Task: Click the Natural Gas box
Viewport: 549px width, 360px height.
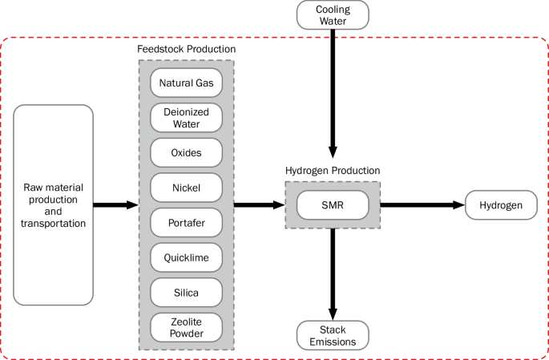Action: click(x=186, y=82)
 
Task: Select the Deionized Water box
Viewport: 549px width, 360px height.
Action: click(x=186, y=118)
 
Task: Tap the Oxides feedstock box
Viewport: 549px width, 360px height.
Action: click(x=186, y=152)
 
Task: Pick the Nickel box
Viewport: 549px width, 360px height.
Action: click(x=186, y=188)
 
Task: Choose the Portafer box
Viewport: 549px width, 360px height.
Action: click(x=186, y=223)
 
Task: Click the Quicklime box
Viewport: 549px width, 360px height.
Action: click(x=186, y=257)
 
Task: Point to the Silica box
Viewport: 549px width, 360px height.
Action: click(x=186, y=293)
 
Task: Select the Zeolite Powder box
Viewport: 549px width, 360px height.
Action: click(x=186, y=328)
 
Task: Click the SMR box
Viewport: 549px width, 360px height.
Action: click(x=333, y=205)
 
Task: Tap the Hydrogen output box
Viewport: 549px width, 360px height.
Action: click(x=501, y=205)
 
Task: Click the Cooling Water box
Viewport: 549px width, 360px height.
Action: click(x=333, y=14)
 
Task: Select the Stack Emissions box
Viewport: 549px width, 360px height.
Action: click(x=333, y=335)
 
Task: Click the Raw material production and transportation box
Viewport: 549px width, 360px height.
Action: click(x=54, y=205)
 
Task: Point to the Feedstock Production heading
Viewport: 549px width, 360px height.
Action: click(x=186, y=50)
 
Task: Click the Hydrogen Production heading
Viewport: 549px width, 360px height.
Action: click(x=333, y=171)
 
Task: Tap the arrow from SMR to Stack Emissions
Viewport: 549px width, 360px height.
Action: click(x=333, y=273)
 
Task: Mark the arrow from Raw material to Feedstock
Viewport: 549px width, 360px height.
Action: click(x=115, y=205)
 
